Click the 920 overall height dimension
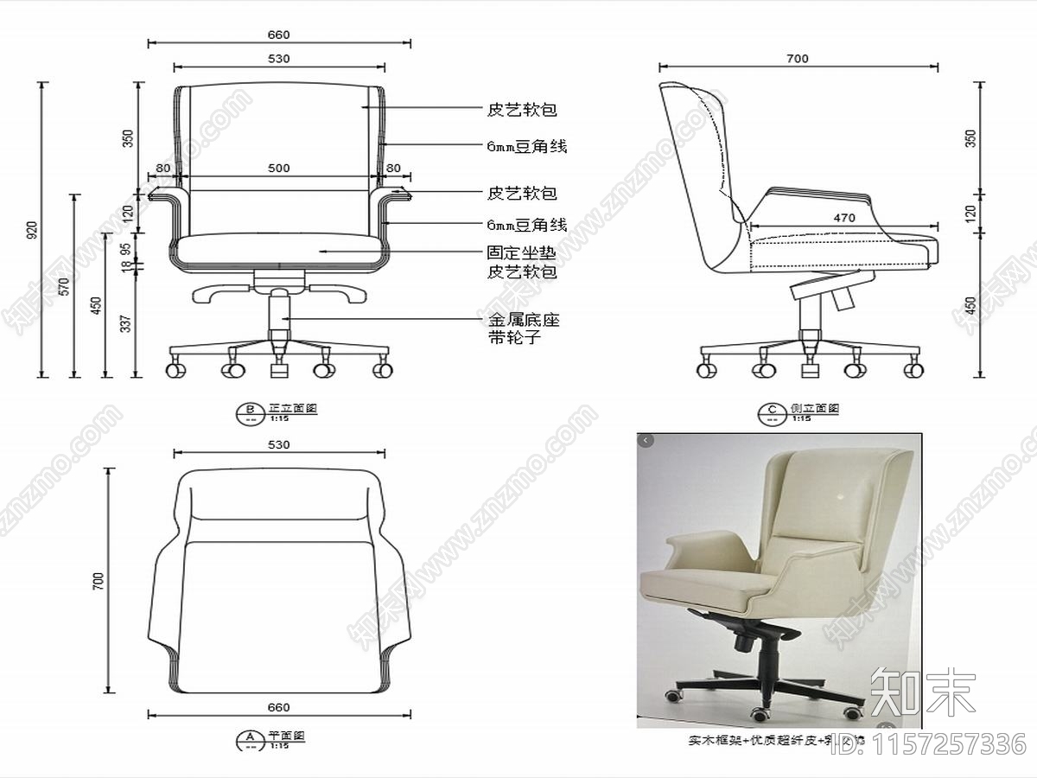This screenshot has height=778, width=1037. [32, 230]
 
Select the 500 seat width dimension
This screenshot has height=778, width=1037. [278, 169]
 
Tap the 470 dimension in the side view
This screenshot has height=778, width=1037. [844, 218]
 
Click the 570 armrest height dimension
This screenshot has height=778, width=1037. [63, 286]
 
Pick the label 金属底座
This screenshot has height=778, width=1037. [524, 321]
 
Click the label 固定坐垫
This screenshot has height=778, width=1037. [520, 254]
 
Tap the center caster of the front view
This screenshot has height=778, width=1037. [279, 370]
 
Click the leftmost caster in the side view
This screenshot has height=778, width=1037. [707, 370]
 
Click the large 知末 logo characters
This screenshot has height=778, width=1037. [922, 692]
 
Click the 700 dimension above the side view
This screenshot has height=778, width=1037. [798, 59]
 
